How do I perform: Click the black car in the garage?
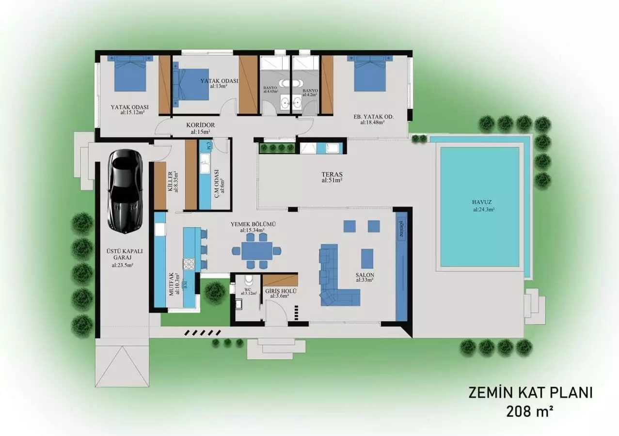point(125,191)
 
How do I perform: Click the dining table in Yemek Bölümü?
point(257,250)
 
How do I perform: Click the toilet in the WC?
point(249,280)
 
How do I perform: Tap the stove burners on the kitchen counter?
point(188,264)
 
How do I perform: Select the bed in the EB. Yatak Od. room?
point(370,75)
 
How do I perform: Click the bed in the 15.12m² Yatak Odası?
point(130,74)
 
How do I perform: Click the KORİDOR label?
point(200,125)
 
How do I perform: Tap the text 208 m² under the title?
point(530,412)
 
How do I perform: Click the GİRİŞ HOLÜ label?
point(281,291)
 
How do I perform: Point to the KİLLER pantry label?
point(171,182)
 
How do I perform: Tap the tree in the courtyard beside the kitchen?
point(214,292)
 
